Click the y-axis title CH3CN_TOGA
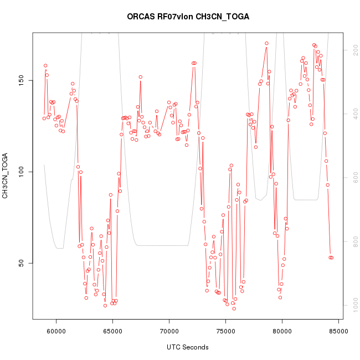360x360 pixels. tap(6, 176)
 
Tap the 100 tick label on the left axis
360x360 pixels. tap(20, 172)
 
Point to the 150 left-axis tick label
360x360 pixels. tap(20, 81)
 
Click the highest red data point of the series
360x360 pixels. tap(266, 43)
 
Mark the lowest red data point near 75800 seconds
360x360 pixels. tap(234, 308)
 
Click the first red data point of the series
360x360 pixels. tap(44, 118)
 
